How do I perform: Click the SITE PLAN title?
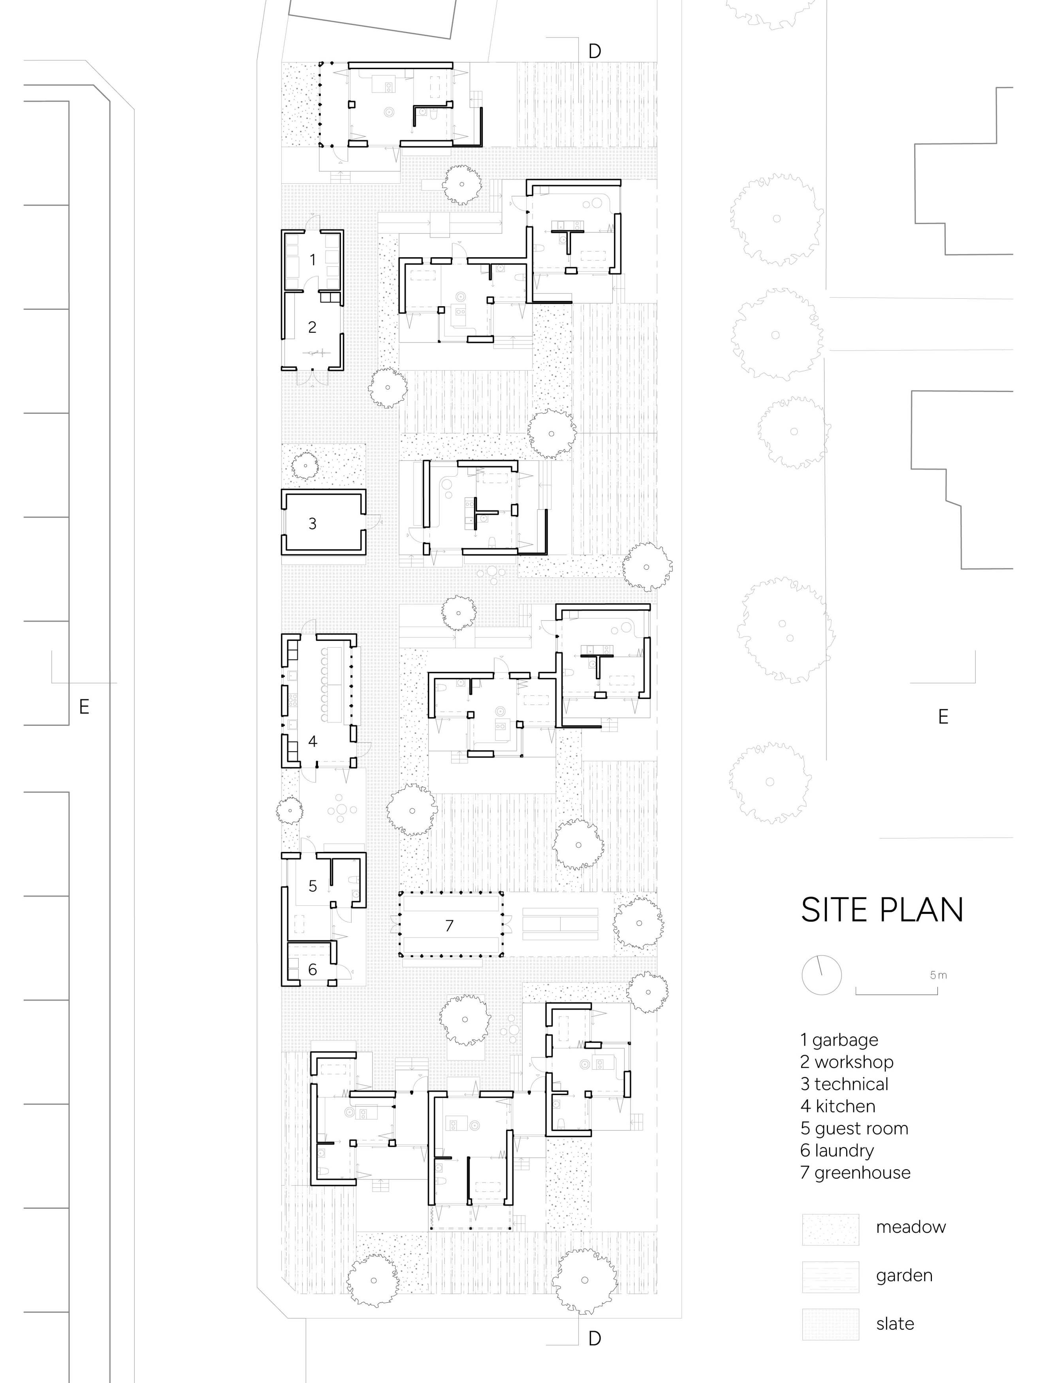coord(882,910)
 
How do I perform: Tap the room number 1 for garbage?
coord(312,260)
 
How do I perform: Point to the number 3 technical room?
coord(312,523)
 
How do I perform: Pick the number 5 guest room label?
coord(312,886)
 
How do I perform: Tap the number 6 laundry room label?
coord(312,969)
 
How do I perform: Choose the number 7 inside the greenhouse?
coord(449,925)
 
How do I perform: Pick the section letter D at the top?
coord(595,51)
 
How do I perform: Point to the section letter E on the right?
coord(943,716)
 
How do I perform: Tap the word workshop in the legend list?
coord(854,1062)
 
